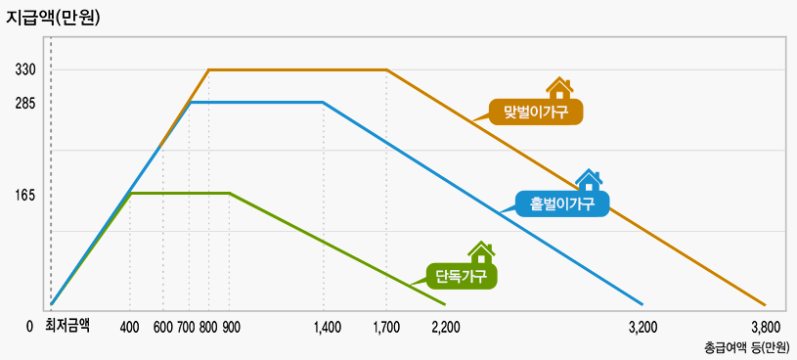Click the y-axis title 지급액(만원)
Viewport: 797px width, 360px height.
pyautogui.click(x=53, y=17)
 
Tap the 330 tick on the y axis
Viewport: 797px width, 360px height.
pyautogui.click(x=25, y=70)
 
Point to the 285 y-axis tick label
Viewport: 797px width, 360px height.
pyautogui.click(x=25, y=102)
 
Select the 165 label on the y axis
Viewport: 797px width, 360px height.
pyautogui.click(x=25, y=196)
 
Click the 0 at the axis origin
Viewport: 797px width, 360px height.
pyautogui.click(x=29, y=327)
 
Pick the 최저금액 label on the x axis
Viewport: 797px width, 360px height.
pyautogui.click(x=67, y=326)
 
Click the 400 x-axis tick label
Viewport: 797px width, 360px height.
pyautogui.click(x=130, y=327)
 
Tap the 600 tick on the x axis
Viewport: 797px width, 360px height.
pyautogui.click(x=163, y=327)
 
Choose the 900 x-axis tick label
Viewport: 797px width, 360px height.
pyautogui.click(x=231, y=327)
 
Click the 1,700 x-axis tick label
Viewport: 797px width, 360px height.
pyautogui.click(x=386, y=327)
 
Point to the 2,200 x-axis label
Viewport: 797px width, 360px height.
pyautogui.click(x=446, y=327)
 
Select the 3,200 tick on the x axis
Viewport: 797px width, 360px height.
pyautogui.click(x=642, y=327)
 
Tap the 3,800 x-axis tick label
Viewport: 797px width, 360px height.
pyautogui.click(x=766, y=327)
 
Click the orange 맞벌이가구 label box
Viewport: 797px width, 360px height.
pyautogui.click(x=536, y=112)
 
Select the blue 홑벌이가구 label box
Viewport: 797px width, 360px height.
pyautogui.click(x=562, y=203)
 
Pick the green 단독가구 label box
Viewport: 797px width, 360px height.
pyautogui.click(x=461, y=276)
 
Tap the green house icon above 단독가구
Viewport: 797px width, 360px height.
pyautogui.click(x=480, y=252)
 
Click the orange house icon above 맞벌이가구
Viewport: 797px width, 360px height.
pyautogui.click(x=559, y=88)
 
